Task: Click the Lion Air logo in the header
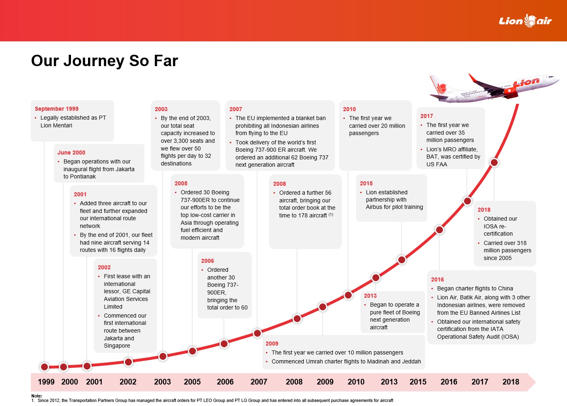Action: (x=525, y=21)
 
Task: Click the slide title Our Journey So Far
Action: (x=105, y=61)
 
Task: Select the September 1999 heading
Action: (x=57, y=109)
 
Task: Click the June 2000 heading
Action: (x=71, y=153)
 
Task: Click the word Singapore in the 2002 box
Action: (x=117, y=346)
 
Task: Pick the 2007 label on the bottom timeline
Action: (x=259, y=382)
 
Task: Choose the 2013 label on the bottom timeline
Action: (x=389, y=382)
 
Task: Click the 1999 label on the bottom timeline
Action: (x=46, y=382)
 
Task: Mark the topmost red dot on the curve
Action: (x=494, y=163)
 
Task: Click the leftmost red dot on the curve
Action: (x=45, y=367)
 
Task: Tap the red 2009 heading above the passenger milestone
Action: (x=272, y=344)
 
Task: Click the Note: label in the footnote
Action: (x=37, y=396)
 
